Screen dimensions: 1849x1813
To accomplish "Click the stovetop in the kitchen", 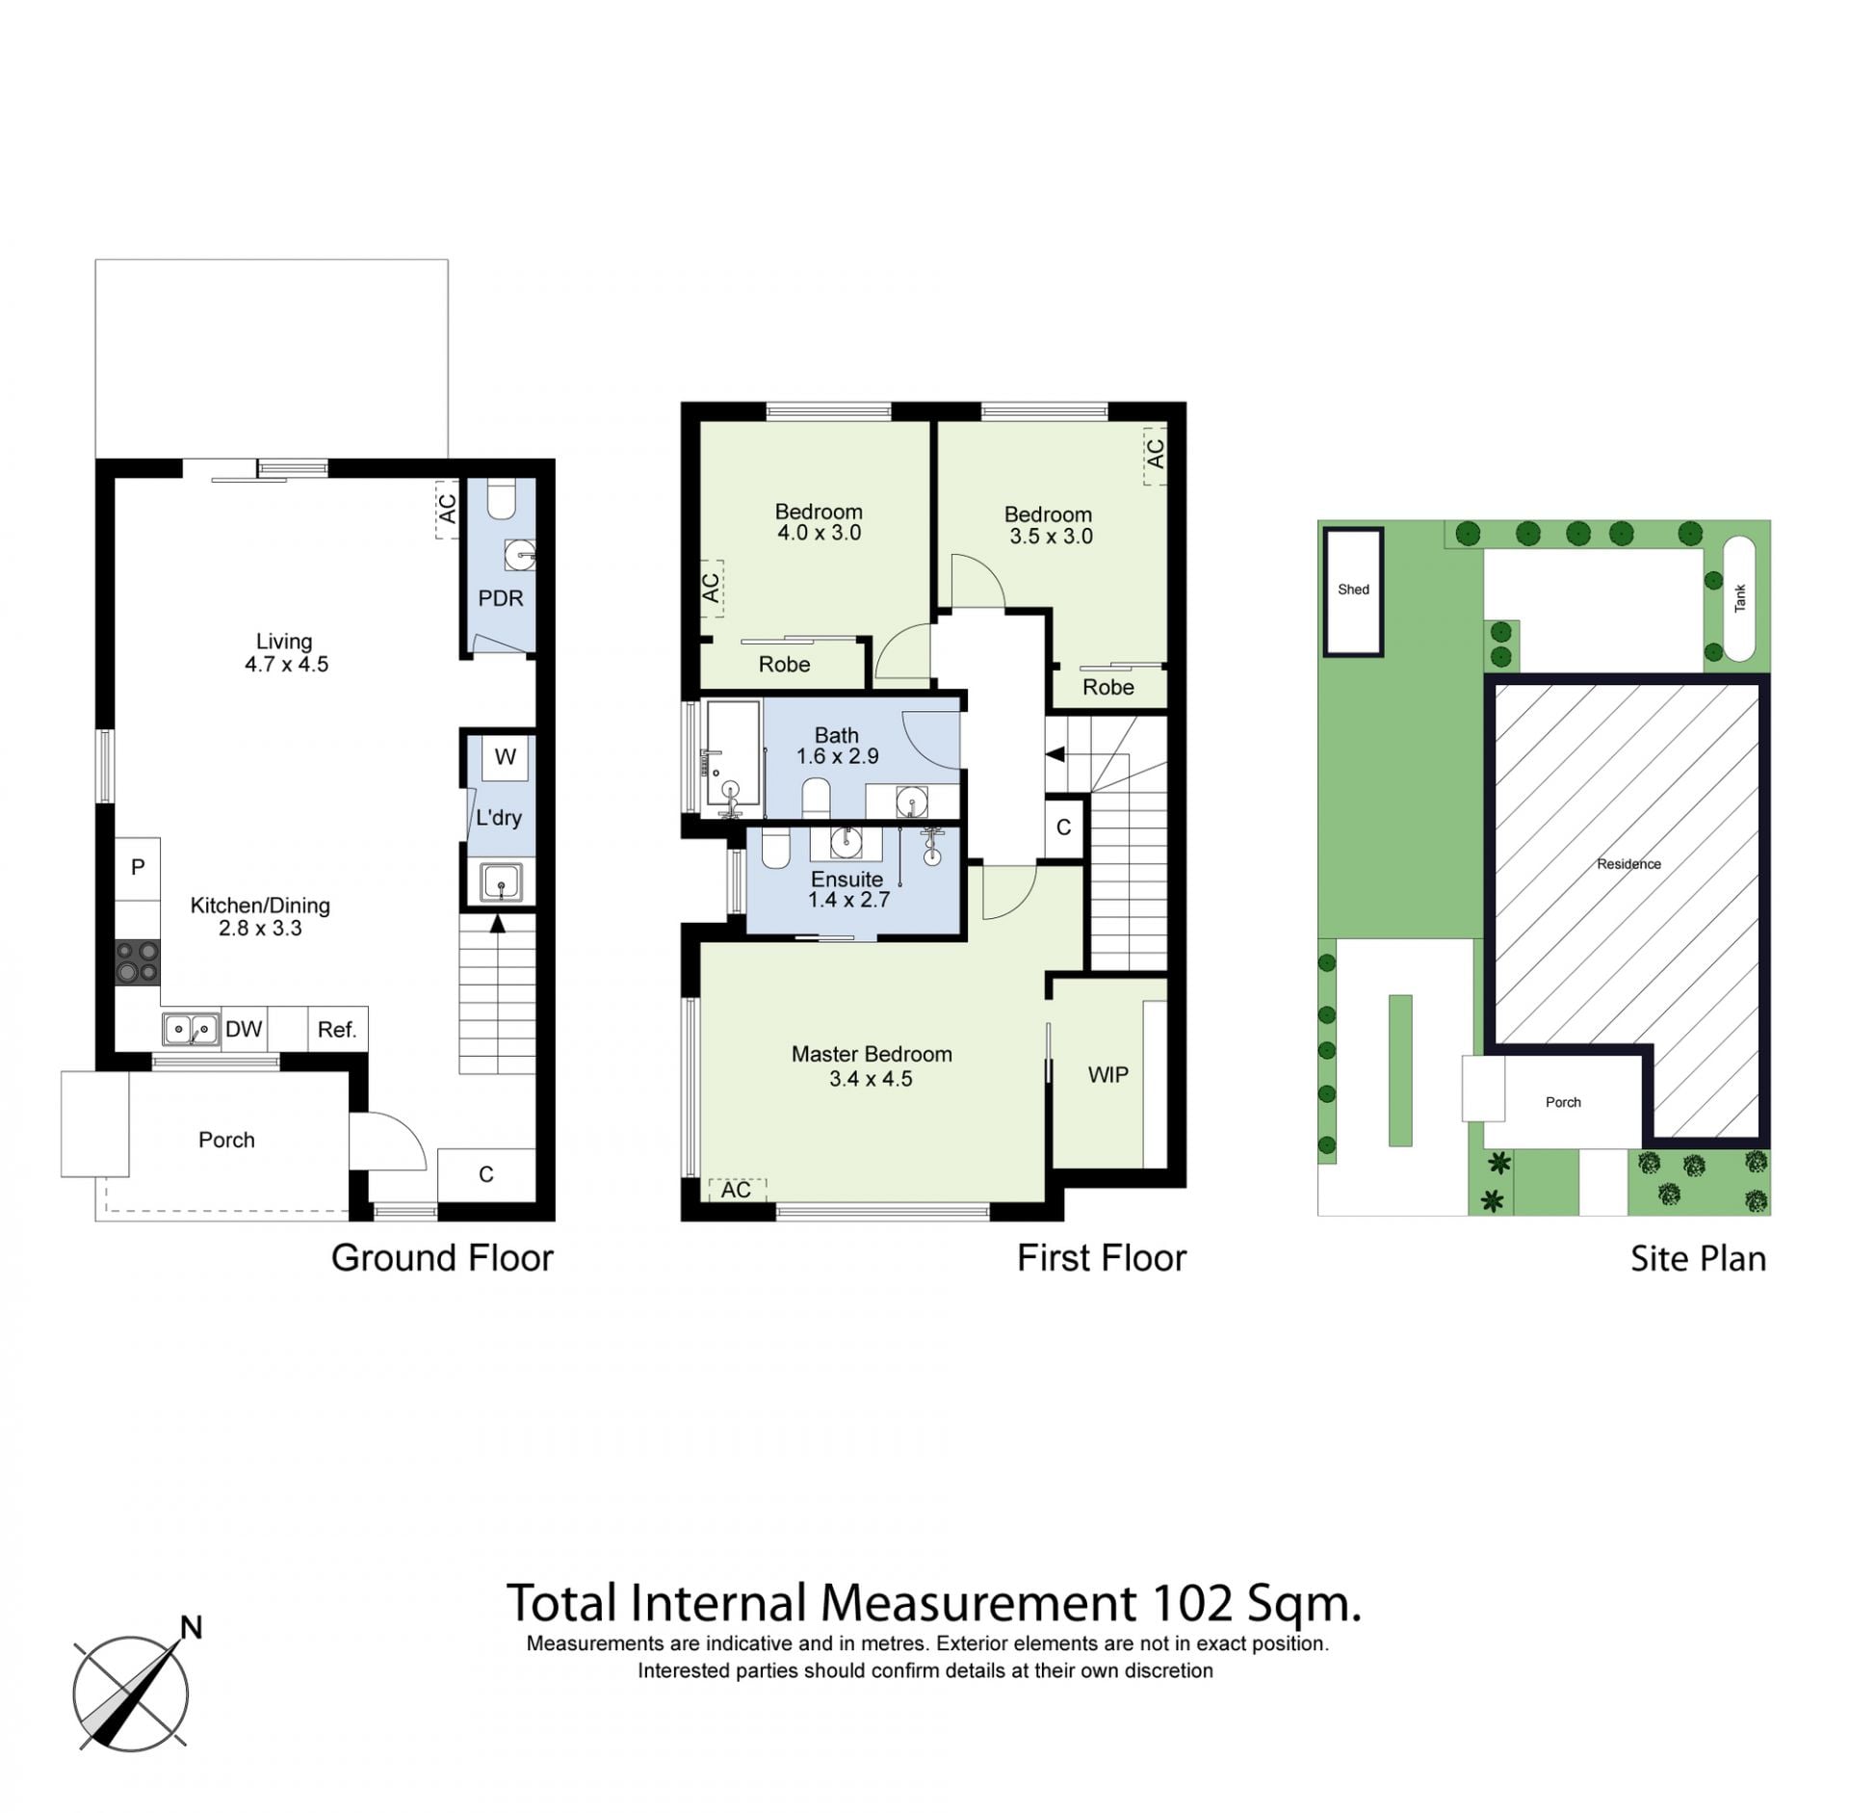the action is click(138, 961).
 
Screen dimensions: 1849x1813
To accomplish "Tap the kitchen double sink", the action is click(191, 1029).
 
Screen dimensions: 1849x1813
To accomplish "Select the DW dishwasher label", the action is click(244, 1029).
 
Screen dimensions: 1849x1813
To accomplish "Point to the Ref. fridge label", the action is click(337, 1030).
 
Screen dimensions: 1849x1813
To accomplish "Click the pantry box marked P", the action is click(138, 868).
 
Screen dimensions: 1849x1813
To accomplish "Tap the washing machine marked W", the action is click(506, 757).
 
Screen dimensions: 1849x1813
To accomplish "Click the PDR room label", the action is click(501, 598).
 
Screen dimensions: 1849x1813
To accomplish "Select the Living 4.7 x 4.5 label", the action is click(286, 652).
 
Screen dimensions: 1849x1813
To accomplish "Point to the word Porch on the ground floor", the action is click(226, 1140).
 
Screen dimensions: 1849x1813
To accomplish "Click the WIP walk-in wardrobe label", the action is click(1107, 1075).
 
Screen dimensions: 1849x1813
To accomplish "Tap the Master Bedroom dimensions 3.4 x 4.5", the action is click(871, 1079).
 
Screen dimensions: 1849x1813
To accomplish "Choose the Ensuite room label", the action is click(846, 879).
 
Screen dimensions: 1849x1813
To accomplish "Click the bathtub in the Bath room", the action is click(733, 754).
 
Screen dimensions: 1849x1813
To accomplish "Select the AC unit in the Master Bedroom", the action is click(737, 1190).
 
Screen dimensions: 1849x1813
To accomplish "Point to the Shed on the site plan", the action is click(1353, 591).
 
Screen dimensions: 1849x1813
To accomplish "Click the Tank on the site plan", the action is click(1738, 598).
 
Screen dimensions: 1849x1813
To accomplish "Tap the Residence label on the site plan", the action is click(1628, 864).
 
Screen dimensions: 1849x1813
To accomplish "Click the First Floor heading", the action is click(1102, 1258).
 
